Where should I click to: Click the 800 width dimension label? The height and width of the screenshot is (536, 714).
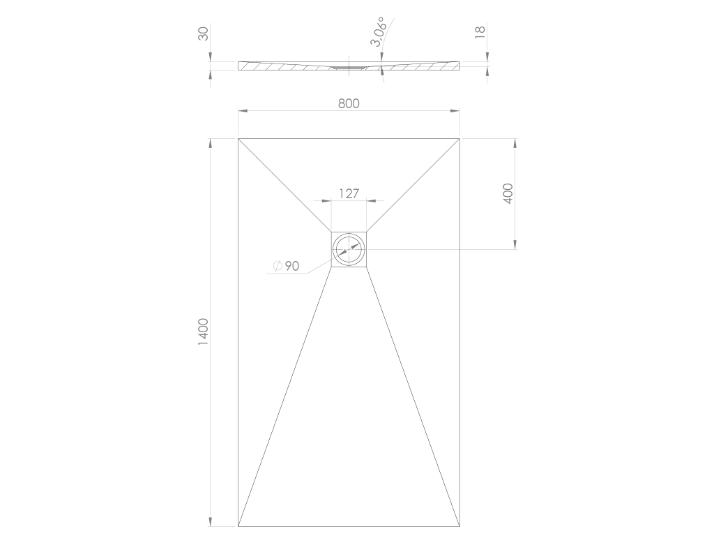tap(349, 104)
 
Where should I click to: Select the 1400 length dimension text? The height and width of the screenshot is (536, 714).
tap(203, 332)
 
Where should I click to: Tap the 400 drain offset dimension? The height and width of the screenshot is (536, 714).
tap(508, 193)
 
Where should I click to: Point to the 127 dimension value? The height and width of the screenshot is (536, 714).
tap(349, 194)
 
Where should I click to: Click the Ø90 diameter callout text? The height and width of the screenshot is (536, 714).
tap(286, 266)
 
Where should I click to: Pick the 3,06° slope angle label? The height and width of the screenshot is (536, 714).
tap(378, 32)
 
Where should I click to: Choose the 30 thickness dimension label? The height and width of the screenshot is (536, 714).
tap(203, 33)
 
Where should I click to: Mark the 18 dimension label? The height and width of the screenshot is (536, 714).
tap(480, 32)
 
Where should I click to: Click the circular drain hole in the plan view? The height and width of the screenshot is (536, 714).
tap(349, 250)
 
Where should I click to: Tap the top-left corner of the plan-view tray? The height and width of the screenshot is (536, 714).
tap(238, 138)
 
